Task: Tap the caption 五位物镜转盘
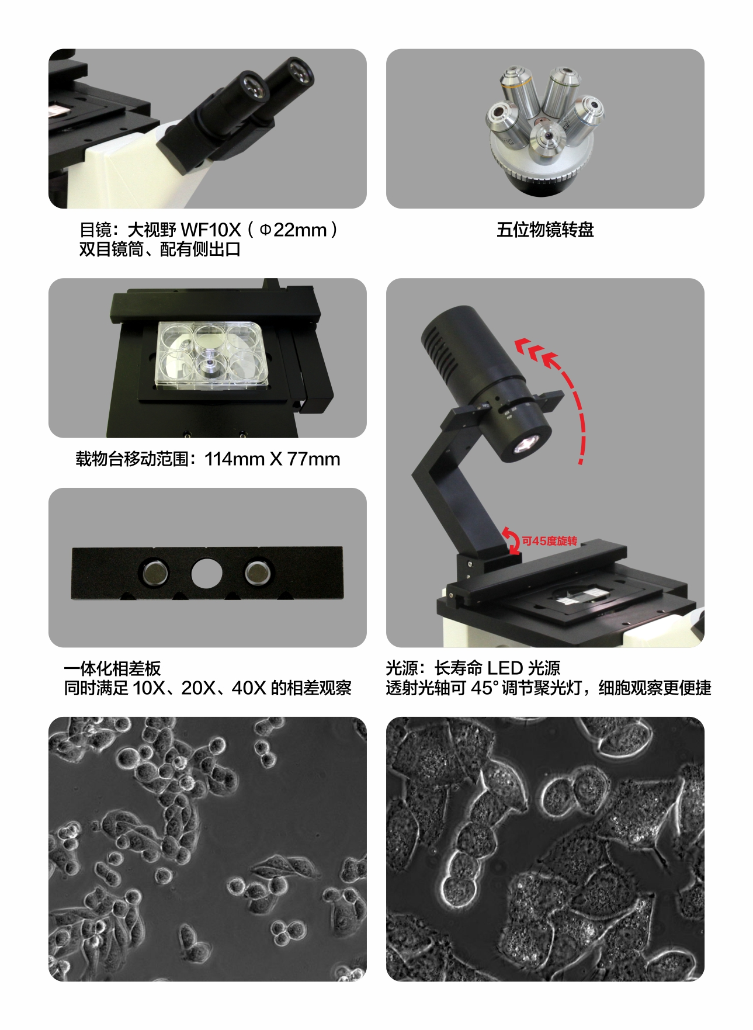pyautogui.click(x=545, y=230)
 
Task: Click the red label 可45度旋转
pyautogui.click(x=549, y=541)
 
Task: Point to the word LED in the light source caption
pyautogui.click(x=505, y=668)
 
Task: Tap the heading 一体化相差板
pyautogui.click(x=112, y=668)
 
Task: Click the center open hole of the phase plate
pyautogui.click(x=206, y=573)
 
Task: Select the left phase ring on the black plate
pyautogui.click(x=154, y=573)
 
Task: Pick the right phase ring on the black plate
pyautogui.click(x=259, y=573)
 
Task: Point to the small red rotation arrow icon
pyautogui.click(x=512, y=541)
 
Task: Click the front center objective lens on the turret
pyautogui.click(x=547, y=140)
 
